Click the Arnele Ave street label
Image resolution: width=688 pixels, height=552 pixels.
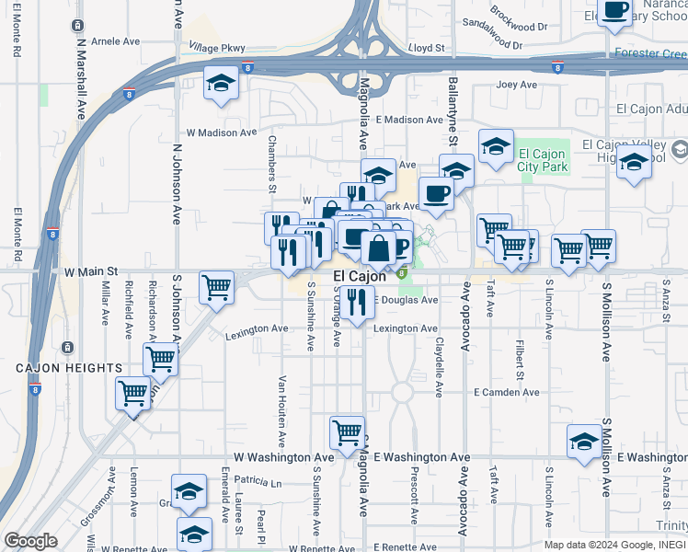coord(116,41)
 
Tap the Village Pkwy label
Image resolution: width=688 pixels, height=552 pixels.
coord(217,47)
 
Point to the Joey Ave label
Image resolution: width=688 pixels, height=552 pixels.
coord(516,86)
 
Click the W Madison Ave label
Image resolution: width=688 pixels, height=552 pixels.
coord(222,132)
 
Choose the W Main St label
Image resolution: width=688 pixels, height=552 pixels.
coord(92,272)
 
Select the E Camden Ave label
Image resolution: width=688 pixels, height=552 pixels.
coord(507,392)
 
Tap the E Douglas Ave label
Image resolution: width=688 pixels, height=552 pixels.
coord(406,300)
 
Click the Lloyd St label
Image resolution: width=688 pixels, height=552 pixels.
coord(427,47)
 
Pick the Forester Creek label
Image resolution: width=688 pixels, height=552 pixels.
coord(650,53)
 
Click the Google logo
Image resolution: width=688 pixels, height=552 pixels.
coord(30,541)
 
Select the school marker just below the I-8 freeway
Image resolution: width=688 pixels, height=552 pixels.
coord(221,84)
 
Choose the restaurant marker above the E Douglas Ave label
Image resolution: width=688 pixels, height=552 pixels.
coord(357,300)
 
